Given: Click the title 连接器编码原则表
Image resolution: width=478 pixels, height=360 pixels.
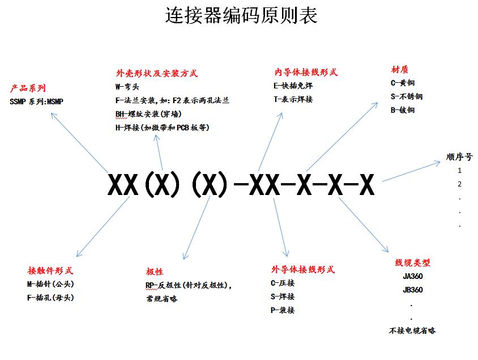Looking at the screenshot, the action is point(241,15).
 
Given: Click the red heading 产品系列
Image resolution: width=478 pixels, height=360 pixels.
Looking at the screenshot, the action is point(28,88).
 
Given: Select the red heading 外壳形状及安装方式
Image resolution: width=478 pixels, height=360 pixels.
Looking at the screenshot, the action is point(157,73).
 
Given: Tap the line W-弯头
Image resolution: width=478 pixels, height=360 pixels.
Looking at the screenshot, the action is point(127,87).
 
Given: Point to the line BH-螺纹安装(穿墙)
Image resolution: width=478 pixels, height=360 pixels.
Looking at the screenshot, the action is point(148,114).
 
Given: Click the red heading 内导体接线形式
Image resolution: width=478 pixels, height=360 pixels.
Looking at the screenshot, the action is point(306,73).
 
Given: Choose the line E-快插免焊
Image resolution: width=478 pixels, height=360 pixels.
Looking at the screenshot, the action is point(293,86).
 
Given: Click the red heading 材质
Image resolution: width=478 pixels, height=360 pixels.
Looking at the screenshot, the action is point(399,70).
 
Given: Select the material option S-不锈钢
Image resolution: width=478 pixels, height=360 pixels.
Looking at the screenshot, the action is point(407,96).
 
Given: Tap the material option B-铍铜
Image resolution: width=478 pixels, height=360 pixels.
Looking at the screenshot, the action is point(403,110).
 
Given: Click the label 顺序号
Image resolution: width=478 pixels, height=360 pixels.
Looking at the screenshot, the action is point(459,157).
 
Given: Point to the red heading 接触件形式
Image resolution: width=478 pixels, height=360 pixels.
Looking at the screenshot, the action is point(50,270).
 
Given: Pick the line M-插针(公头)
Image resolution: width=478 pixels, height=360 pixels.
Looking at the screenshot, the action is point(50,284).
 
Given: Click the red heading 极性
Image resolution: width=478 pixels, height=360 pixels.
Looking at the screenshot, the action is point(155,272).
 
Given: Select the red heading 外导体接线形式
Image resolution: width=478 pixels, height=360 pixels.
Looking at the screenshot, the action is point(303,269).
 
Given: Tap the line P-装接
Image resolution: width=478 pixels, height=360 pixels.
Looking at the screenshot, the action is point(283,310).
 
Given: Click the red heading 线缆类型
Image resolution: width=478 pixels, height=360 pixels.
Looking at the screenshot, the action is point(412,262).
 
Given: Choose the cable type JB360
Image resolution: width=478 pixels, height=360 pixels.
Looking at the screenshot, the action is point(413,290).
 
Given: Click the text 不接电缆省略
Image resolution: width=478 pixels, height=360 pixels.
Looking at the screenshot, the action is point(412,331).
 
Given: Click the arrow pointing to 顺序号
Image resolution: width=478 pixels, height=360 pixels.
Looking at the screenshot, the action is point(412,171).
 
